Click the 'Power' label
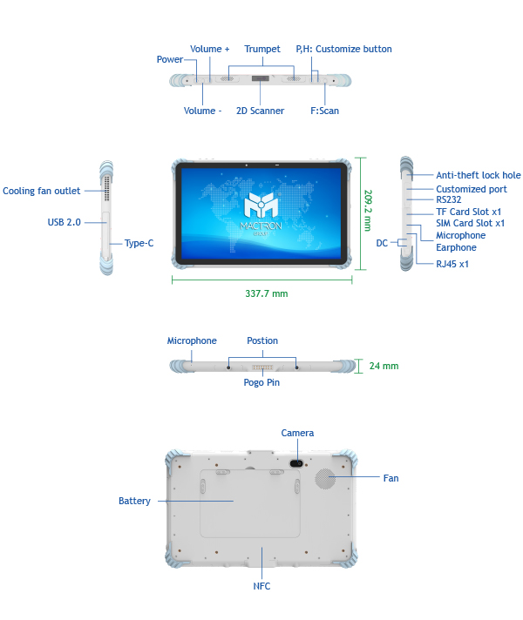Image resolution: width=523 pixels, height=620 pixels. pyautogui.click(x=170, y=59)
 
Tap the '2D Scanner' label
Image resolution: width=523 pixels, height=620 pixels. pyautogui.click(x=260, y=111)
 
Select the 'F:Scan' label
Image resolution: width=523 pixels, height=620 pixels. pyautogui.click(x=325, y=111)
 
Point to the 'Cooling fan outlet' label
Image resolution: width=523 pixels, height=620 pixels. pyautogui.click(x=42, y=191)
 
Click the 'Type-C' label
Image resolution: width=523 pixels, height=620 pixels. pyautogui.click(x=139, y=243)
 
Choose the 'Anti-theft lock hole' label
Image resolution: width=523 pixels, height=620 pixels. pyautogui.click(x=478, y=175)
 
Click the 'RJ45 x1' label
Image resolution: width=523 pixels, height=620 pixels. pyautogui.click(x=452, y=263)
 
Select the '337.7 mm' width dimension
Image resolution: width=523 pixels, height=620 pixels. pyautogui.click(x=266, y=293)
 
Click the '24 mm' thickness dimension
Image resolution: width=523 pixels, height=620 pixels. pyautogui.click(x=384, y=366)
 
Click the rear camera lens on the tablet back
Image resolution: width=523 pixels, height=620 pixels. pyautogui.click(x=296, y=462)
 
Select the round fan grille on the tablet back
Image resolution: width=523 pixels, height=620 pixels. pyautogui.click(x=326, y=478)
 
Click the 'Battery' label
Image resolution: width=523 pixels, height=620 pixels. pyautogui.click(x=134, y=501)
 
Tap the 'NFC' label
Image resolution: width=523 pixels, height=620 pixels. pyautogui.click(x=261, y=586)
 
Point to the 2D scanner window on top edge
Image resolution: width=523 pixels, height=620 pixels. pyautogui.click(x=261, y=80)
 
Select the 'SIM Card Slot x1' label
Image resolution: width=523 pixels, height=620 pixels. pyautogui.click(x=470, y=223)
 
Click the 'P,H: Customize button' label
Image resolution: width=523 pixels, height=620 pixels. pyautogui.click(x=343, y=49)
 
